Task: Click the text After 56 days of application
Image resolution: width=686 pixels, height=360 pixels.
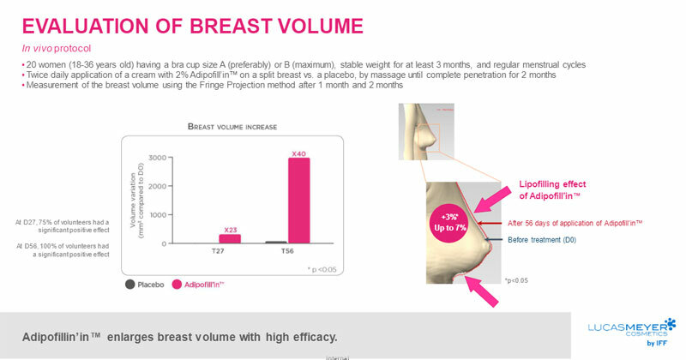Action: coord(582,222)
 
